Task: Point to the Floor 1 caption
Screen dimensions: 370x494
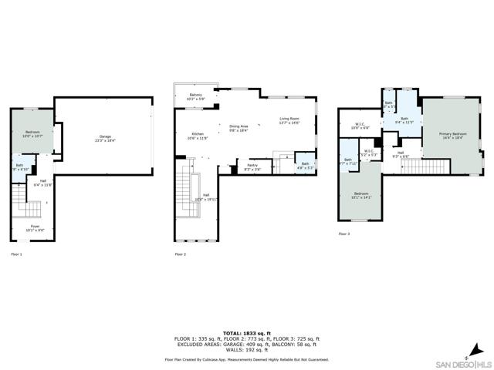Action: tap(16, 254)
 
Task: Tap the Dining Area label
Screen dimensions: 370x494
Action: tap(239, 129)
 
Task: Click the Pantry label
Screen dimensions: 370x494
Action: tap(252, 166)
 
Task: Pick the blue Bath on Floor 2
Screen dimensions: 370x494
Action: tap(305, 165)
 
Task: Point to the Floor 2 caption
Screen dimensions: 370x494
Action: tap(181, 254)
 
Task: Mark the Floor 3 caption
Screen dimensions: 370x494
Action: tap(343, 234)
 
